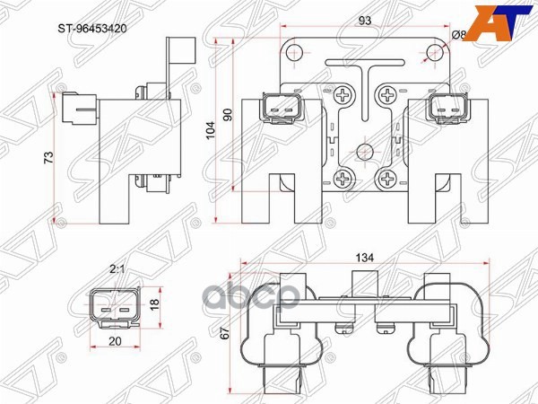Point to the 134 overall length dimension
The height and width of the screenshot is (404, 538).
(362, 258)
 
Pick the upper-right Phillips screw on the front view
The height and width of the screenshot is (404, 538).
(386, 92)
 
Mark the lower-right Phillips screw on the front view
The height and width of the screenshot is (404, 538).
(386, 177)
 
